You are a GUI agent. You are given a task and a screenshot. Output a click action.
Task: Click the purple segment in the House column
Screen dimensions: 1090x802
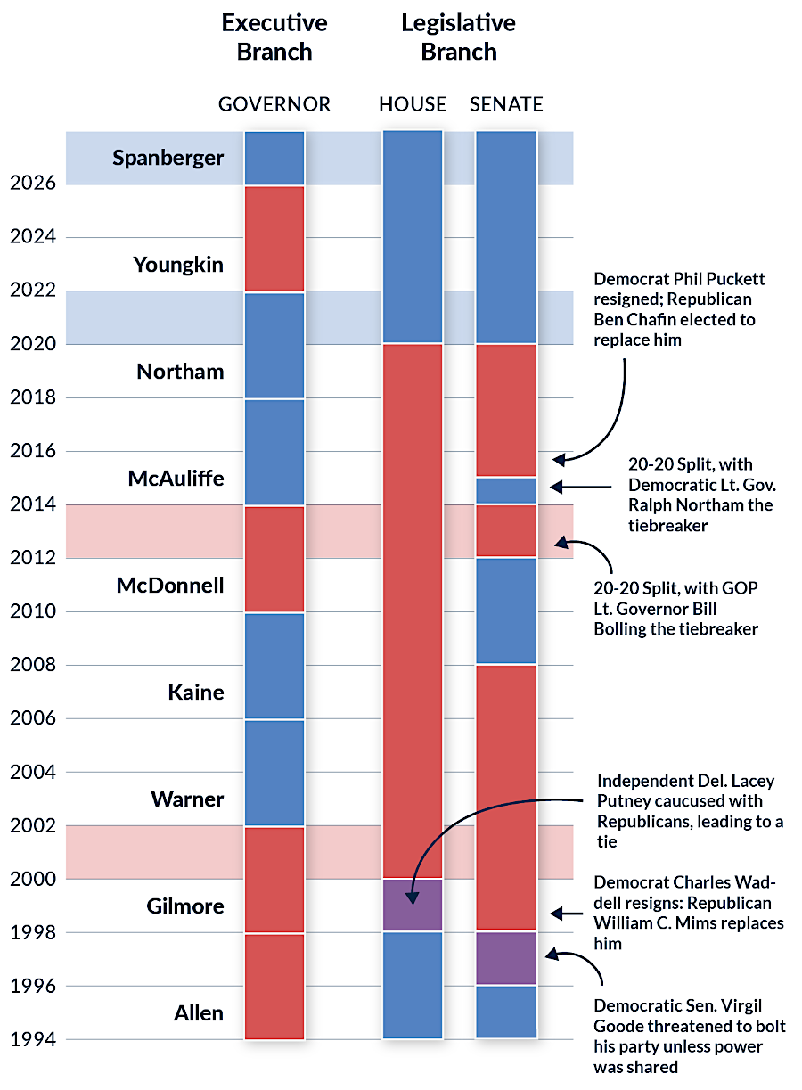pos(413,906)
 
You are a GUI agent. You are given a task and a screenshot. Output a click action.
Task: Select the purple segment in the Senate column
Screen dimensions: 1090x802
pos(506,959)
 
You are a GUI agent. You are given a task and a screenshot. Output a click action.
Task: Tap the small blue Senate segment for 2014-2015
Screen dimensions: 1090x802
pos(506,491)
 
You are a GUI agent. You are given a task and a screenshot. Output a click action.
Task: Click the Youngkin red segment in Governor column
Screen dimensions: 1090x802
pos(274,238)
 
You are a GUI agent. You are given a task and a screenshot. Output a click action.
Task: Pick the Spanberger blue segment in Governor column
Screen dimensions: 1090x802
pos(274,158)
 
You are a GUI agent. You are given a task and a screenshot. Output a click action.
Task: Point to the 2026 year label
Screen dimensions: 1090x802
pos(32,184)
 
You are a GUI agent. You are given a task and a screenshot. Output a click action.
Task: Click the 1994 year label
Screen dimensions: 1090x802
pos(32,1039)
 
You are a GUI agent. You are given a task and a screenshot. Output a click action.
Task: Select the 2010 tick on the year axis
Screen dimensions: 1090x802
pos(32,611)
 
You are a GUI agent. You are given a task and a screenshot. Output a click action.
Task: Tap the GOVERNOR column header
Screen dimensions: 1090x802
pos(274,104)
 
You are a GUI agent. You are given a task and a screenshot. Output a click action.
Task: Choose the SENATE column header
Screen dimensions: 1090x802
pos(506,104)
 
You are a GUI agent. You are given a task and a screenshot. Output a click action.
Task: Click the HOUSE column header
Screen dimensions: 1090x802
pos(413,104)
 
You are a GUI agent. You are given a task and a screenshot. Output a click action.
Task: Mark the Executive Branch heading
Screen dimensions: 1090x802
pos(274,37)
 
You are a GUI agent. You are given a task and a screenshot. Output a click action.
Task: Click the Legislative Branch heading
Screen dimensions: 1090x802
pos(458,37)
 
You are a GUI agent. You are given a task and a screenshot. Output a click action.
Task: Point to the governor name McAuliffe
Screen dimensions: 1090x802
pos(176,479)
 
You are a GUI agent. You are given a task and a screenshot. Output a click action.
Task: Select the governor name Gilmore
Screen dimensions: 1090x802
pos(185,906)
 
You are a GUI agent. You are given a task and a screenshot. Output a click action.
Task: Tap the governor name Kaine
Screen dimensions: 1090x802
pos(196,693)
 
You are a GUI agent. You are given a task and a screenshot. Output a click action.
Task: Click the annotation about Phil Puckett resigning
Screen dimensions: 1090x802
pos(679,308)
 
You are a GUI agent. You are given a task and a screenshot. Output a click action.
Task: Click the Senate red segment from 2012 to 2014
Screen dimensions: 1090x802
pos(506,531)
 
